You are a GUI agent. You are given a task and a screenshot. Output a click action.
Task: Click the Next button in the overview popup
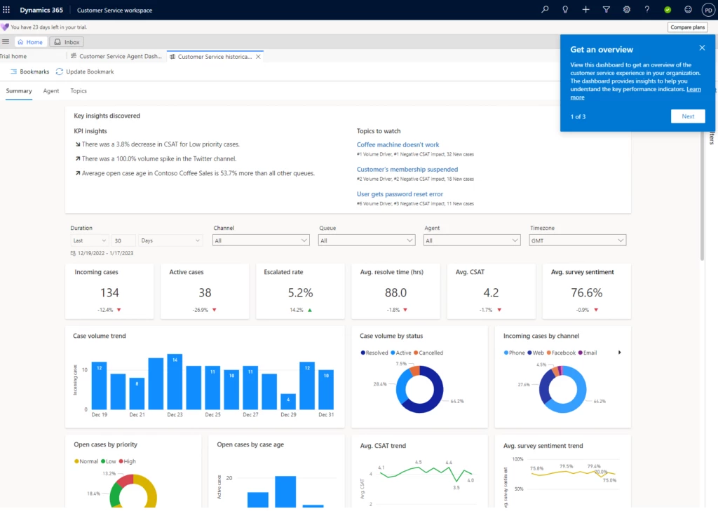click(687, 116)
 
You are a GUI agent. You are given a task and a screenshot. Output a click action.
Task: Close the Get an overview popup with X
click(702, 48)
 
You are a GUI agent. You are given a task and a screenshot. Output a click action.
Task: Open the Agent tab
click(50, 91)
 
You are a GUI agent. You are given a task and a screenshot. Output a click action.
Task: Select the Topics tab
click(79, 91)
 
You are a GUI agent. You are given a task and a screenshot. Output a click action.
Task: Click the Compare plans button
click(687, 27)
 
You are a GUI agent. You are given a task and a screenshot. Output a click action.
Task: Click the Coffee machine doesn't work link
click(398, 145)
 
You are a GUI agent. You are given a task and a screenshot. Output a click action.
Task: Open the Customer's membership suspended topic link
click(407, 170)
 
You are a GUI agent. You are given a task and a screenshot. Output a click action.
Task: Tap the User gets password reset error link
click(400, 194)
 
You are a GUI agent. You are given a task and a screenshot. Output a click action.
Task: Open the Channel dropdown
click(260, 240)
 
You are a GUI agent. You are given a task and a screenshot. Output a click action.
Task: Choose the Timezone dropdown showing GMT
click(577, 240)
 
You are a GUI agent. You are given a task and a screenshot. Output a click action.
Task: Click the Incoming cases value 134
click(109, 293)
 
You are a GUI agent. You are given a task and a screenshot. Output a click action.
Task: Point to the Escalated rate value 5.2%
click(299, 293)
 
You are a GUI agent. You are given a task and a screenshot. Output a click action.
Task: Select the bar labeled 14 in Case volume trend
click(175, 381)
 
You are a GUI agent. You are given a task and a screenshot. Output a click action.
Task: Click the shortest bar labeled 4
click(288, 402)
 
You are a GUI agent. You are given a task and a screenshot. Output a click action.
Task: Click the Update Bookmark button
click(85, 71)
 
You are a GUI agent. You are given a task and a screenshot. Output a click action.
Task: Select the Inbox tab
click(67, 42)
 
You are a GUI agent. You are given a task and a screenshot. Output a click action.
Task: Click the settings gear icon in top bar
click(626, 10)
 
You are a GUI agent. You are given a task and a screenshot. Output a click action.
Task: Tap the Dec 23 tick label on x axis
click(175, 415)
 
